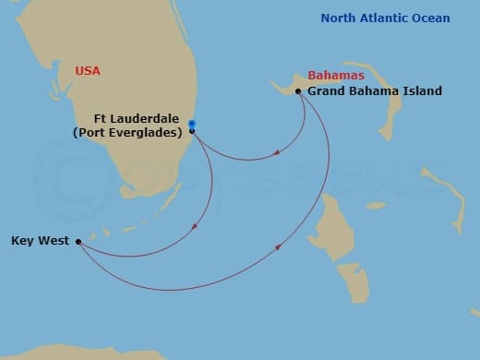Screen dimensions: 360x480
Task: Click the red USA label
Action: (88, 70)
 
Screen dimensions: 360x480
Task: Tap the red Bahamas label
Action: (333, 75)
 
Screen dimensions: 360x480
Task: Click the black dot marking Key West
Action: (78, 242)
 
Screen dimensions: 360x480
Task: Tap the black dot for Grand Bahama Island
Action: (298, 90)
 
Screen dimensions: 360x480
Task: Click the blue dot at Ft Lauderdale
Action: (192, 123)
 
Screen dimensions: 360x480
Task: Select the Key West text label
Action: (38, 242)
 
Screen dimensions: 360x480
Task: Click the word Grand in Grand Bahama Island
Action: (327, 91)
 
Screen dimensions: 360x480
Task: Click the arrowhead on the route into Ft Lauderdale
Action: (277, 157)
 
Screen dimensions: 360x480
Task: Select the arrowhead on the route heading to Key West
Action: (195, 226)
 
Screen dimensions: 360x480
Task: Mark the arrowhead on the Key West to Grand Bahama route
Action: (279, 246)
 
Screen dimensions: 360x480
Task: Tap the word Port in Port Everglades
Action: (89, 132)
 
